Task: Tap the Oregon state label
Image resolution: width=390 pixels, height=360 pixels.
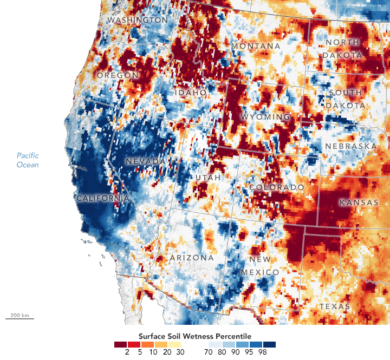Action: pyautogui.click(x=117, y=75)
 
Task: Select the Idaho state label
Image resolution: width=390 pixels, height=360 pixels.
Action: pyautogui.click(x=191, y=93)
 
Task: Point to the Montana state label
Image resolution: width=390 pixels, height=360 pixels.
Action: pyautogui.click(x=256, y=47)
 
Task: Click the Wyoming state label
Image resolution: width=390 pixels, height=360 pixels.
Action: pyautogui.click(x=265, y=117)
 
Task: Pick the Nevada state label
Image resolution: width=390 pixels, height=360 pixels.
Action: pyautogui.click(x=145, y=162)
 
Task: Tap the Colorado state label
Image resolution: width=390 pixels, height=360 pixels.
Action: pyautogui.click(x=277, y=187)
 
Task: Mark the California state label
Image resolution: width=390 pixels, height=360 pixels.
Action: pyautogui.click(x=103, y=199)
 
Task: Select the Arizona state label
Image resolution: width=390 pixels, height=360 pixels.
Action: pyautogui.click(x=192, y=258)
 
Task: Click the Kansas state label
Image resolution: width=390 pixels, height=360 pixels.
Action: pyautogui.click(x=359, y=202)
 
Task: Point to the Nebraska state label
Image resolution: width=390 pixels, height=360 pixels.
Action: pyautogui.click(x=350, y=147)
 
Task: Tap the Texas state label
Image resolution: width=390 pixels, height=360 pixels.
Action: pyautogui.click(x=335, y=306)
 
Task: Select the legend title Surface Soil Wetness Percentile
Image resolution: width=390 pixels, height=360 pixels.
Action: pyautogui.click(x=195, y=335)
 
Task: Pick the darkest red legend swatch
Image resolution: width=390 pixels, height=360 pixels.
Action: pyautogui.click(x=120, y=344)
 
